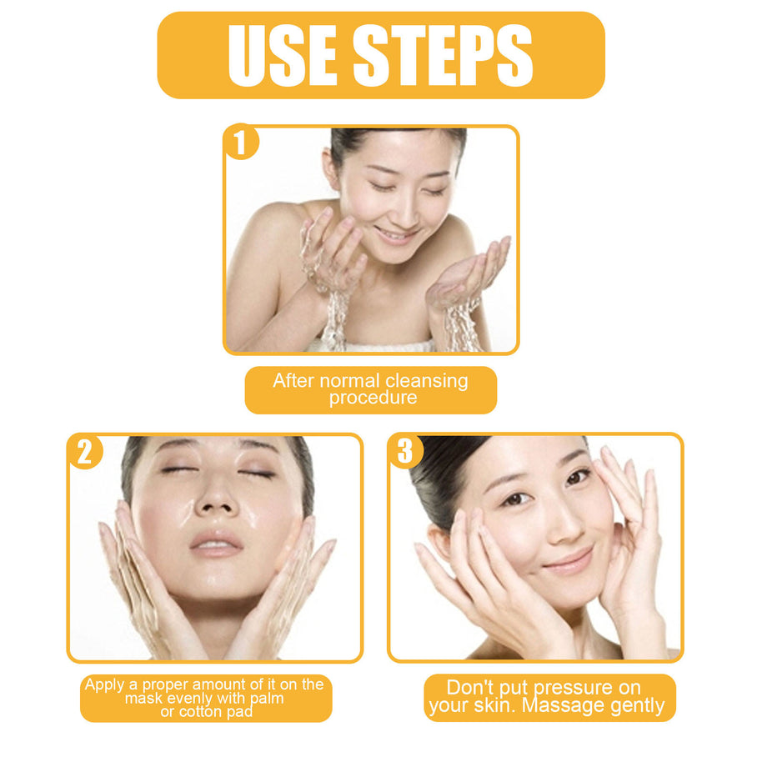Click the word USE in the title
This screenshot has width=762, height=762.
(281, 55)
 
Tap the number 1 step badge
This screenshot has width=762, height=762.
(241, 143)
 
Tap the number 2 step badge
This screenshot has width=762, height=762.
(84, 452)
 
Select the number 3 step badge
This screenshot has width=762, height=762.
(405, 452)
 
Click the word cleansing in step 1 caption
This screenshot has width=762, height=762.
(425, 381)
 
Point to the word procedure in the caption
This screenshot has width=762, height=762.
(372, 398)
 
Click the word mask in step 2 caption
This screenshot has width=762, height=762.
(146, 699)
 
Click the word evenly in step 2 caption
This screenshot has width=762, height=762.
(193, 699)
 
